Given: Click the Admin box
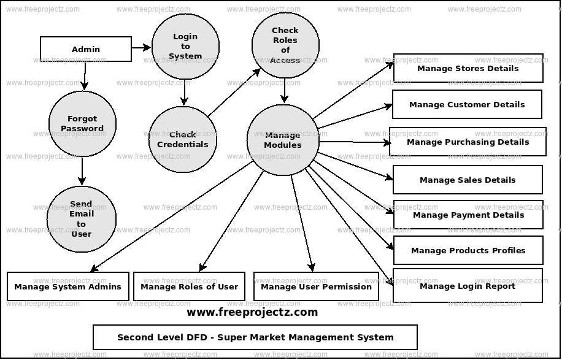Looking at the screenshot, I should coord(86,49).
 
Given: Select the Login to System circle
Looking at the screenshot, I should coord(185,47).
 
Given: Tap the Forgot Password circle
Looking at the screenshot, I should coord(82,124).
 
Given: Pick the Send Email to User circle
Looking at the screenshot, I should coord(82,219).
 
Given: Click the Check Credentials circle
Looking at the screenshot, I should coord(183,140).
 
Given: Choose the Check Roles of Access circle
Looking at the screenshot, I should coord(285,45).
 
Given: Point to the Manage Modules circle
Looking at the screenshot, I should coord(283,140).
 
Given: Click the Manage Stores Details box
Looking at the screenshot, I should coord(468,68).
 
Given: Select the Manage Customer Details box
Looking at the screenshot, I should coord(467,104).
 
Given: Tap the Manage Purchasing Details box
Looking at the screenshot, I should coord(468,142).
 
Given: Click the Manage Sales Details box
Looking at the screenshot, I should coord(468,180).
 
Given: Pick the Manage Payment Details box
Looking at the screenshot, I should coord(468,215).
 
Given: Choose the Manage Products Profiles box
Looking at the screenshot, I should coord(468,250).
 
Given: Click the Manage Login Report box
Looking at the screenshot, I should coord(468,286).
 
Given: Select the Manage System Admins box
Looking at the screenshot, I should coord(68,286).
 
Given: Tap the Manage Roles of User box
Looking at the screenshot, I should coord(189,286).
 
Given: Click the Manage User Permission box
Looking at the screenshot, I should coord(316,286).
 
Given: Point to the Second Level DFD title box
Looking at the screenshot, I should coord(255,337).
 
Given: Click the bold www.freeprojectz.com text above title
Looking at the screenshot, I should coord(252,312).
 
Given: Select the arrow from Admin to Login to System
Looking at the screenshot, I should coord(141,47).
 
